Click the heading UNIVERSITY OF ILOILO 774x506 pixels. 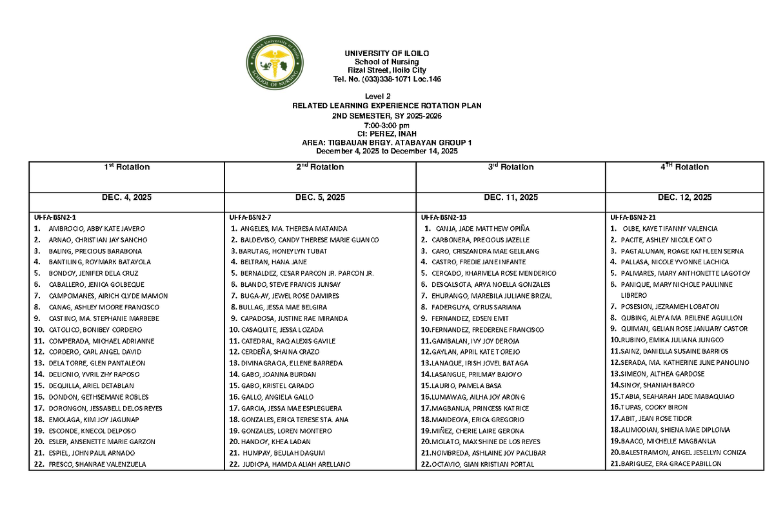click(387, 53)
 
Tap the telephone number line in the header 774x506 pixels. click(387, 79)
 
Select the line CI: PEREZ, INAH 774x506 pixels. click(387, 133)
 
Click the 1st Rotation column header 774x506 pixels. click(127, 167)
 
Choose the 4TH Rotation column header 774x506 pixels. click(684, 167)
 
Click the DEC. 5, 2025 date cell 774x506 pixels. click(320, 197)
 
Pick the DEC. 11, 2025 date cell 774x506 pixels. click(510, 197)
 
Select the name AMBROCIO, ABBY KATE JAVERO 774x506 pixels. click(97, 229)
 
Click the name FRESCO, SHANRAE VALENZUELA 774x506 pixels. click(97, 464)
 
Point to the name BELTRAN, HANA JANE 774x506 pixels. click(273, 262)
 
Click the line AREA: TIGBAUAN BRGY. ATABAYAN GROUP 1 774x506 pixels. click(387, 142)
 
